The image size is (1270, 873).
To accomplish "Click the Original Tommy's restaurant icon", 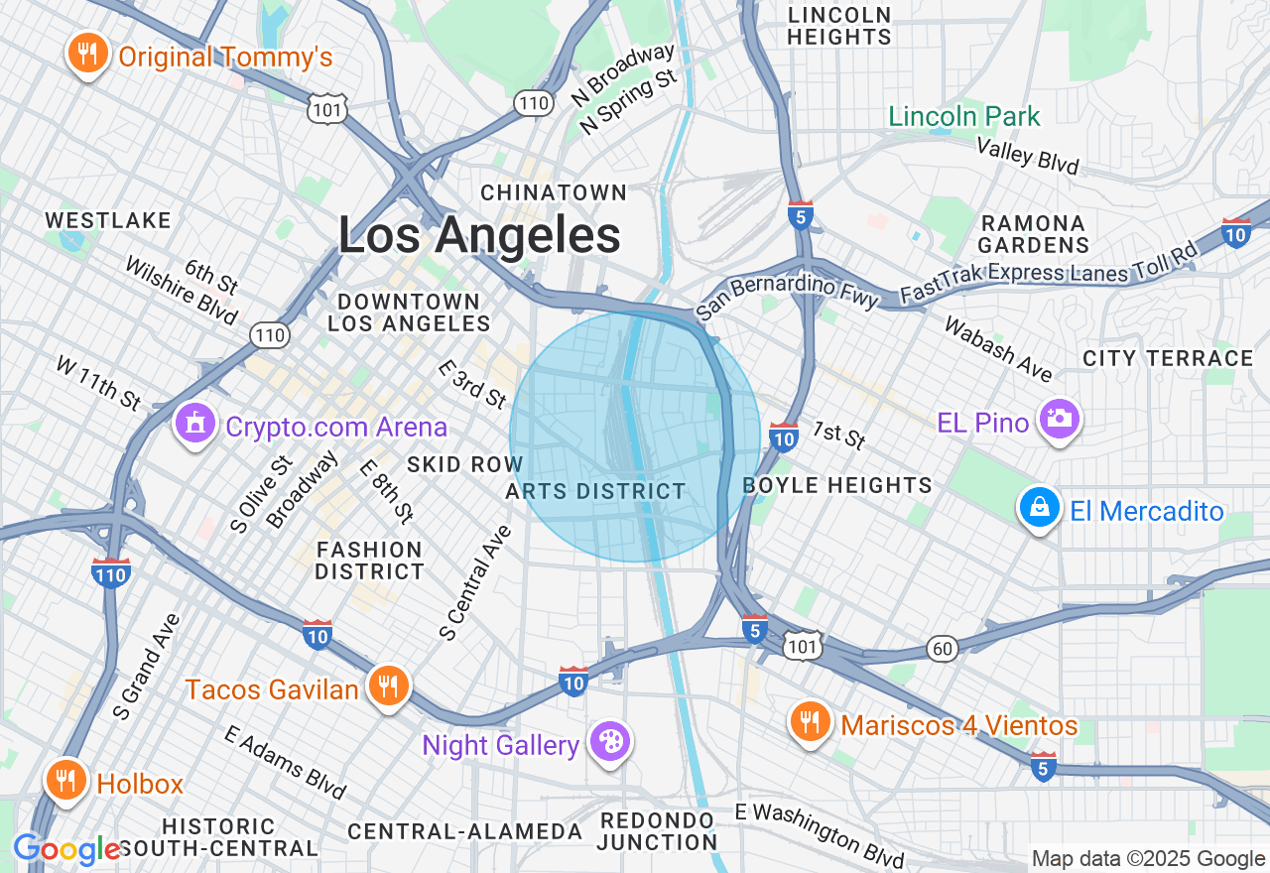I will click(88, 54).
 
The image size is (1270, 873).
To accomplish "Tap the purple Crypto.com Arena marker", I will click(194, 425).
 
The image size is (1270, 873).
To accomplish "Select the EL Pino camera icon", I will click(1059, 420).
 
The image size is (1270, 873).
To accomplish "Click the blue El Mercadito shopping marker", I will click(1039, 508).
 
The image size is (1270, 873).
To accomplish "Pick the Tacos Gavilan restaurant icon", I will click(388, 686).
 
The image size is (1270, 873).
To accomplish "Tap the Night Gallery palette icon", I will click(609, 742).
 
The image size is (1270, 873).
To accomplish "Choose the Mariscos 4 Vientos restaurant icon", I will click(811, 722).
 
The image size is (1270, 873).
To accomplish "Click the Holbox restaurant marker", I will click(66, 780).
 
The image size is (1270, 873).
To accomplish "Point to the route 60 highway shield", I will click(943, 648).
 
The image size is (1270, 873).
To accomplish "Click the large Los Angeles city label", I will click(479, 236).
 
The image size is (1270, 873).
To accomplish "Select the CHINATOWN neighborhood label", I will click(554, 192).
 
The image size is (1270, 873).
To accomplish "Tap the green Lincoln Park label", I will click(963, 117).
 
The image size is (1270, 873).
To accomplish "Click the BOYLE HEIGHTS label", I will click(837, 485).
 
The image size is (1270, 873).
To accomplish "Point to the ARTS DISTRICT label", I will click(595, 491).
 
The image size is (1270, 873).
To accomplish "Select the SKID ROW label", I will click(464, 464).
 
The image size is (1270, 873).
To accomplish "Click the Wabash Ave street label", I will click(998, 348).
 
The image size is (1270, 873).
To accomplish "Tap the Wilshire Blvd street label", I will click(182, 291).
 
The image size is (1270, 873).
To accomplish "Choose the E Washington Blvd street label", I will click(820, 833).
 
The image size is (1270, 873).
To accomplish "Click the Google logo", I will click(66, 849).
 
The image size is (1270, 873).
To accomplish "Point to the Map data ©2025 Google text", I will click(1148, 859).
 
